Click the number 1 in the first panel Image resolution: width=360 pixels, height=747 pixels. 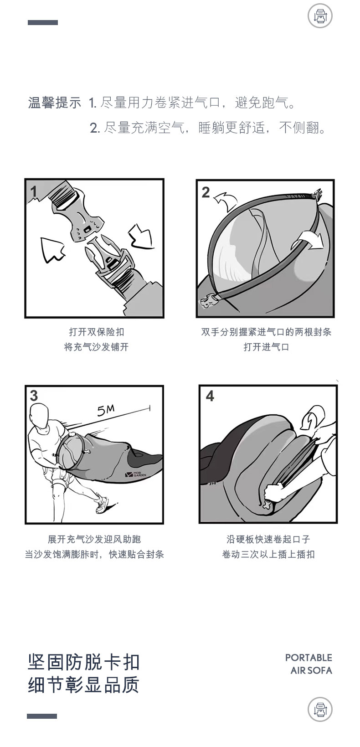click(x=34, y=191)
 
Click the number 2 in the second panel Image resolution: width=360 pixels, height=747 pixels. click(x=206, y=192)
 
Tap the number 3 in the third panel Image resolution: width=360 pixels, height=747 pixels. click(x=34, y=396)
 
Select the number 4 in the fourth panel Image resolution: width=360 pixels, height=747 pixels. click(x=210, y=396)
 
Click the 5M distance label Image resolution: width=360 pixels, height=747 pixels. click(x=106, y=411)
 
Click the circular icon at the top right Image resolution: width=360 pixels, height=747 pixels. click(x=320, y=17)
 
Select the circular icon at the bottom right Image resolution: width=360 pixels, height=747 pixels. click(x=320, y=710)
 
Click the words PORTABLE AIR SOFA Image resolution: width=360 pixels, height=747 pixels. click(x=309, y=664)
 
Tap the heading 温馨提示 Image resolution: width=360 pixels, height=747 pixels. click(x=55, y=103)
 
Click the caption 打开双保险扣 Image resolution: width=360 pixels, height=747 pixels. click(x=96, y=332)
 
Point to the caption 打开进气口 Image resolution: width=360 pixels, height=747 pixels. click(x=266, y=347)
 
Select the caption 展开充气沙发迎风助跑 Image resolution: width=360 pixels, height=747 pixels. click(x=94, y=540)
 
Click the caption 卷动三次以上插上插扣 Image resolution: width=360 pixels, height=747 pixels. click(x=268, y=555)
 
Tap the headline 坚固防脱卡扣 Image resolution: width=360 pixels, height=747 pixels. click(x=84, y=662)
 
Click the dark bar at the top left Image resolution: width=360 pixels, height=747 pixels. click(x=43, y=22)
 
